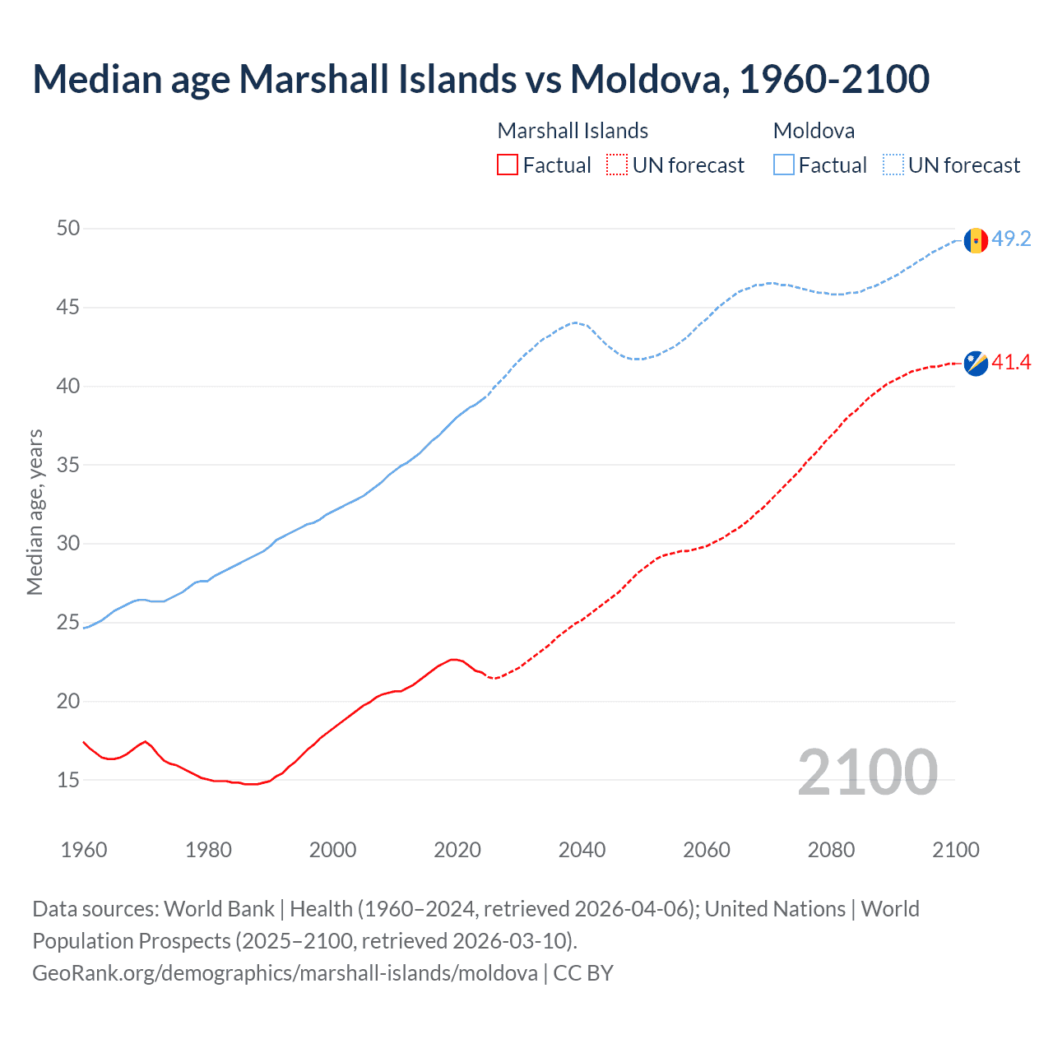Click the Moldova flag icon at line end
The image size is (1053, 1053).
(976, 240)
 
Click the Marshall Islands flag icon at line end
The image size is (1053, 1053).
(976, 363)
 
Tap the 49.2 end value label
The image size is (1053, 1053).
(1011, 239)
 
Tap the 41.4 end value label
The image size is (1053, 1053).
(1011, 363)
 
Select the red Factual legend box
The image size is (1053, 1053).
(508, 165)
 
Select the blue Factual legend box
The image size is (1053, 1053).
(784, 165)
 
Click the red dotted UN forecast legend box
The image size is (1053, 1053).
(617, 165)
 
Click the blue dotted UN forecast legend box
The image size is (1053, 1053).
(893, 165)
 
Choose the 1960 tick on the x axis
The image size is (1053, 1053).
(84, 850)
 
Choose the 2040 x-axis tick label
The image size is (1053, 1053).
(582, 850)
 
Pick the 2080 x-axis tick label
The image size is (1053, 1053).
(831, 850)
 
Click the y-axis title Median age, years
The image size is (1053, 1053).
(35, 512)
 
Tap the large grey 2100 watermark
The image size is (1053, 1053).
(867, 772)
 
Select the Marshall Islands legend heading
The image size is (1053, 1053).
(573, 131)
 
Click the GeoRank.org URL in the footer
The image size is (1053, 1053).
(285, 973)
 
